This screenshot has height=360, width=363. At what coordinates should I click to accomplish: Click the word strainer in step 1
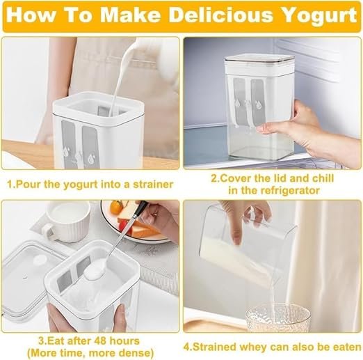(x=153, y=185)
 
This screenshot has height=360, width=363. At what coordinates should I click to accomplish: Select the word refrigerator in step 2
(x=290, y=191)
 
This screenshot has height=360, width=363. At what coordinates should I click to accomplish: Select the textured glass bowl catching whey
(x=278, y=318)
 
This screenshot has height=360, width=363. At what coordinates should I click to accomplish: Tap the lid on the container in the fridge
(x=259, y=59)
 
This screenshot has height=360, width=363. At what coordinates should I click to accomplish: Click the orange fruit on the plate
(x=117, y=207)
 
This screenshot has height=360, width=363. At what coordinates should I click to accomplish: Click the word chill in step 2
(x=323, y=178)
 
